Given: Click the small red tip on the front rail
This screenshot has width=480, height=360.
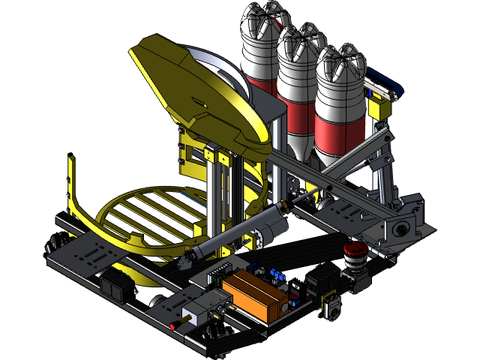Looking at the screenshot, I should (173, 326).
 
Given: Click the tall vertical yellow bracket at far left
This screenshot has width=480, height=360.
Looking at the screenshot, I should (72, 184).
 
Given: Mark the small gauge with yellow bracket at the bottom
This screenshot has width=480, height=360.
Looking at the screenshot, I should (331, 307).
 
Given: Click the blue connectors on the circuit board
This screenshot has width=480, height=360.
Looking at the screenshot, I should (274, 273).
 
